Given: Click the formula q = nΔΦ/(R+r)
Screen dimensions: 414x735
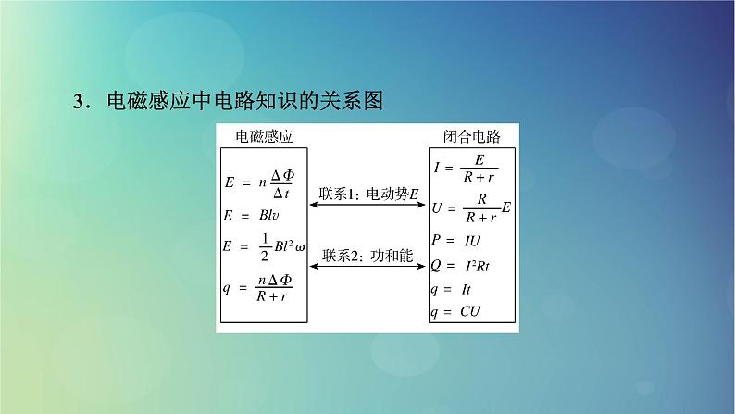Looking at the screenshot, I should coord(264,288).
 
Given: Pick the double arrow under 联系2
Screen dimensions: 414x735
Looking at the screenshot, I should coord(368,269).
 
